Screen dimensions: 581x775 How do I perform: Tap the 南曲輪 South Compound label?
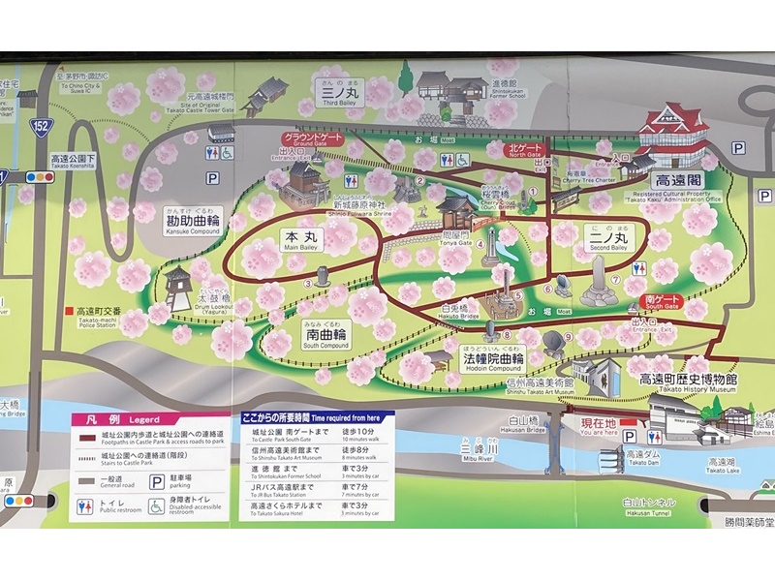(x=324, y=336)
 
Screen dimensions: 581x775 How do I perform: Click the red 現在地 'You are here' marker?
(x=599, y=424)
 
